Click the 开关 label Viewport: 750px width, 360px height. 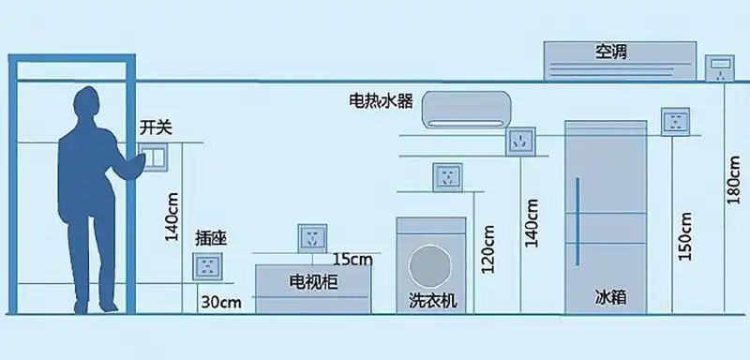pos(157,127)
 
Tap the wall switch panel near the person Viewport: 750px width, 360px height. pos(153,160)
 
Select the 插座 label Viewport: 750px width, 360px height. pos(211,238)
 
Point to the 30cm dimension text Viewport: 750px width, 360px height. pos(221,302)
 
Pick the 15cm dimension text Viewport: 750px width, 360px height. pos(352,259)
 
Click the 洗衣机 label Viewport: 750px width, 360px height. pos(432,300)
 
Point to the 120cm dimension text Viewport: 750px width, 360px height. pos(487,248)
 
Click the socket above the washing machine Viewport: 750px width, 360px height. pos(447,177)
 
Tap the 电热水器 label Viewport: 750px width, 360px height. pos(381,100)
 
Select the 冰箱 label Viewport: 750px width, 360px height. pos(610,297)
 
